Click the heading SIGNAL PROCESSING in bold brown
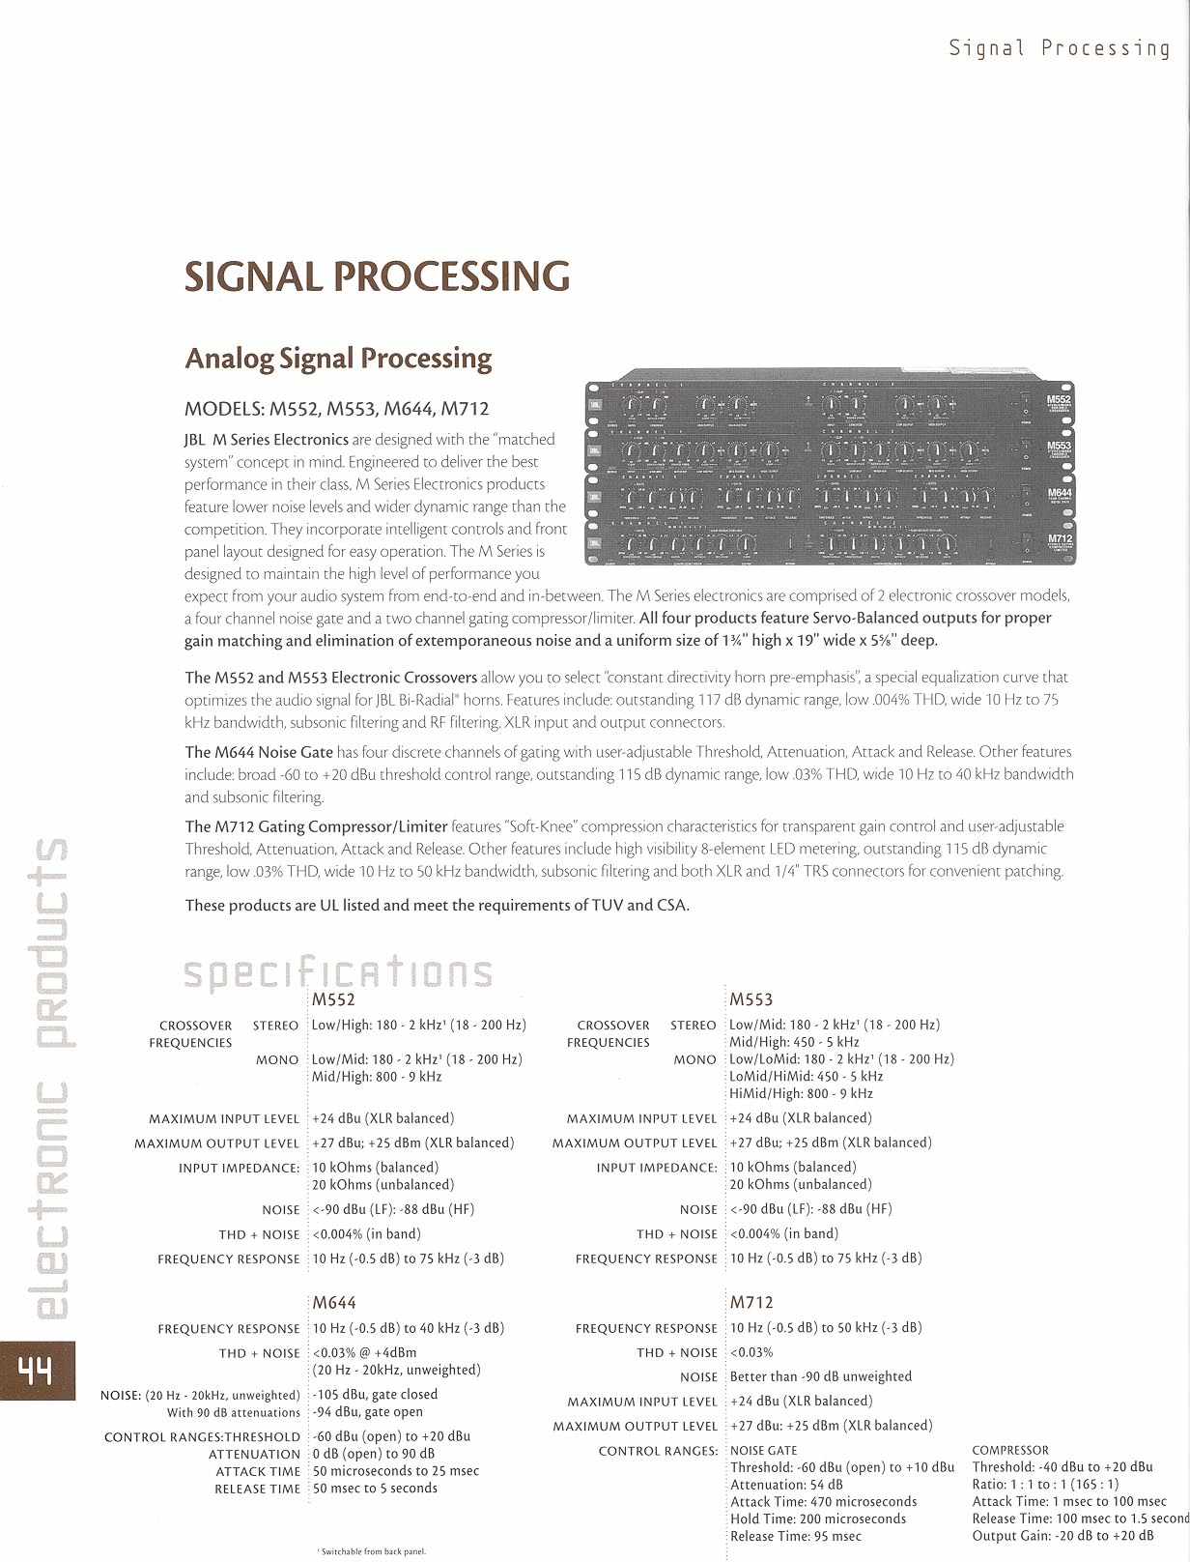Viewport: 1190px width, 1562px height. click(x=377, y=277)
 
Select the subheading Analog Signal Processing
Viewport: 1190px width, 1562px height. click(x=338, y=359)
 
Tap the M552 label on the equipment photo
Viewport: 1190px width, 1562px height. click(x=1059, y=397)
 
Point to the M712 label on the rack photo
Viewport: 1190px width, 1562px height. click(x=1059, y=539)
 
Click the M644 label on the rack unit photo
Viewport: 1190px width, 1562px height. click(x=1059, y=493)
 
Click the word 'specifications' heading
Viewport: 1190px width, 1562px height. click(x=338, y=972)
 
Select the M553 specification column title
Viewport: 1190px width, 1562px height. click(x=751, y=999)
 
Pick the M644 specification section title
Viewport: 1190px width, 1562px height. click(x=334, y=1303)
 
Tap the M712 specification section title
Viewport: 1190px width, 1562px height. click(x=751, y=1303)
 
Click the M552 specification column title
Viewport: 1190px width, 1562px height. click(x=334, y=999)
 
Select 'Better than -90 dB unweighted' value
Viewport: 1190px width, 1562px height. click(x=821, y=1376)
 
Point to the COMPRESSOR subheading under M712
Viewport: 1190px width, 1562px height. click(x=1009, y=1450)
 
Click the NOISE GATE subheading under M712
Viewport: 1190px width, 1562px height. click(x=763, y=1450)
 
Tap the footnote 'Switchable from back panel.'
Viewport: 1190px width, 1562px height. click(x=372, y=1550)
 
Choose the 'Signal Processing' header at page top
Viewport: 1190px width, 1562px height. click(x=1059, y=48)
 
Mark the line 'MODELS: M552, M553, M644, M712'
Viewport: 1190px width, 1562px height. click(x=343, y=409)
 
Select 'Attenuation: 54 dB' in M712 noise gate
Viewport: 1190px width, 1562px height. click(x=786, y=1485)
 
